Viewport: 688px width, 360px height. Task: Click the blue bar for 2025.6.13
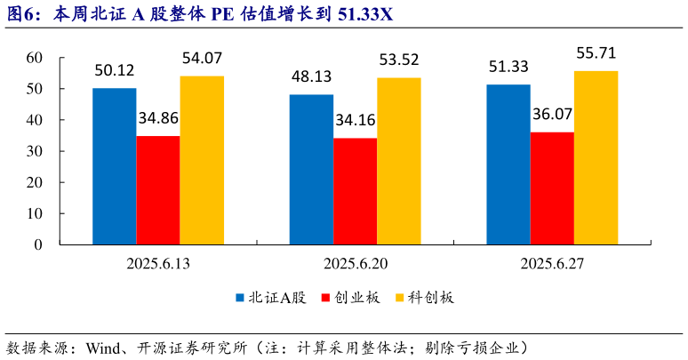tap(115, 166)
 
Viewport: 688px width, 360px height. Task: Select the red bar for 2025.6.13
tap(158, 190)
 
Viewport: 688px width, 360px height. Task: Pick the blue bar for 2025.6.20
tap(311, 169)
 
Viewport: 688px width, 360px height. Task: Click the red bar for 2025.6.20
tap(355, 191)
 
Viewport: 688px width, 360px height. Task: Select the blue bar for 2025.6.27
tap(508, 164)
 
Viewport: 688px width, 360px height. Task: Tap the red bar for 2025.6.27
tap(552, 188)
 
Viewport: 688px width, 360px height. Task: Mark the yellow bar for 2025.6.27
tap(596, 157)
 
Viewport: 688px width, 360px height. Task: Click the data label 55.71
tap(596, 54)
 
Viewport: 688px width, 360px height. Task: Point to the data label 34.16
tap(355, 121)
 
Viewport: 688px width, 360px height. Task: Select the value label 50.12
tap(115, 71)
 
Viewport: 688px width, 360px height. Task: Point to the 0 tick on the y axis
tap(38, 244)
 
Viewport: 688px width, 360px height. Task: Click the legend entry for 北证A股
tap(270, 298)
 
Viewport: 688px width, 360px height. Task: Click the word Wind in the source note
tap(102, 346)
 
